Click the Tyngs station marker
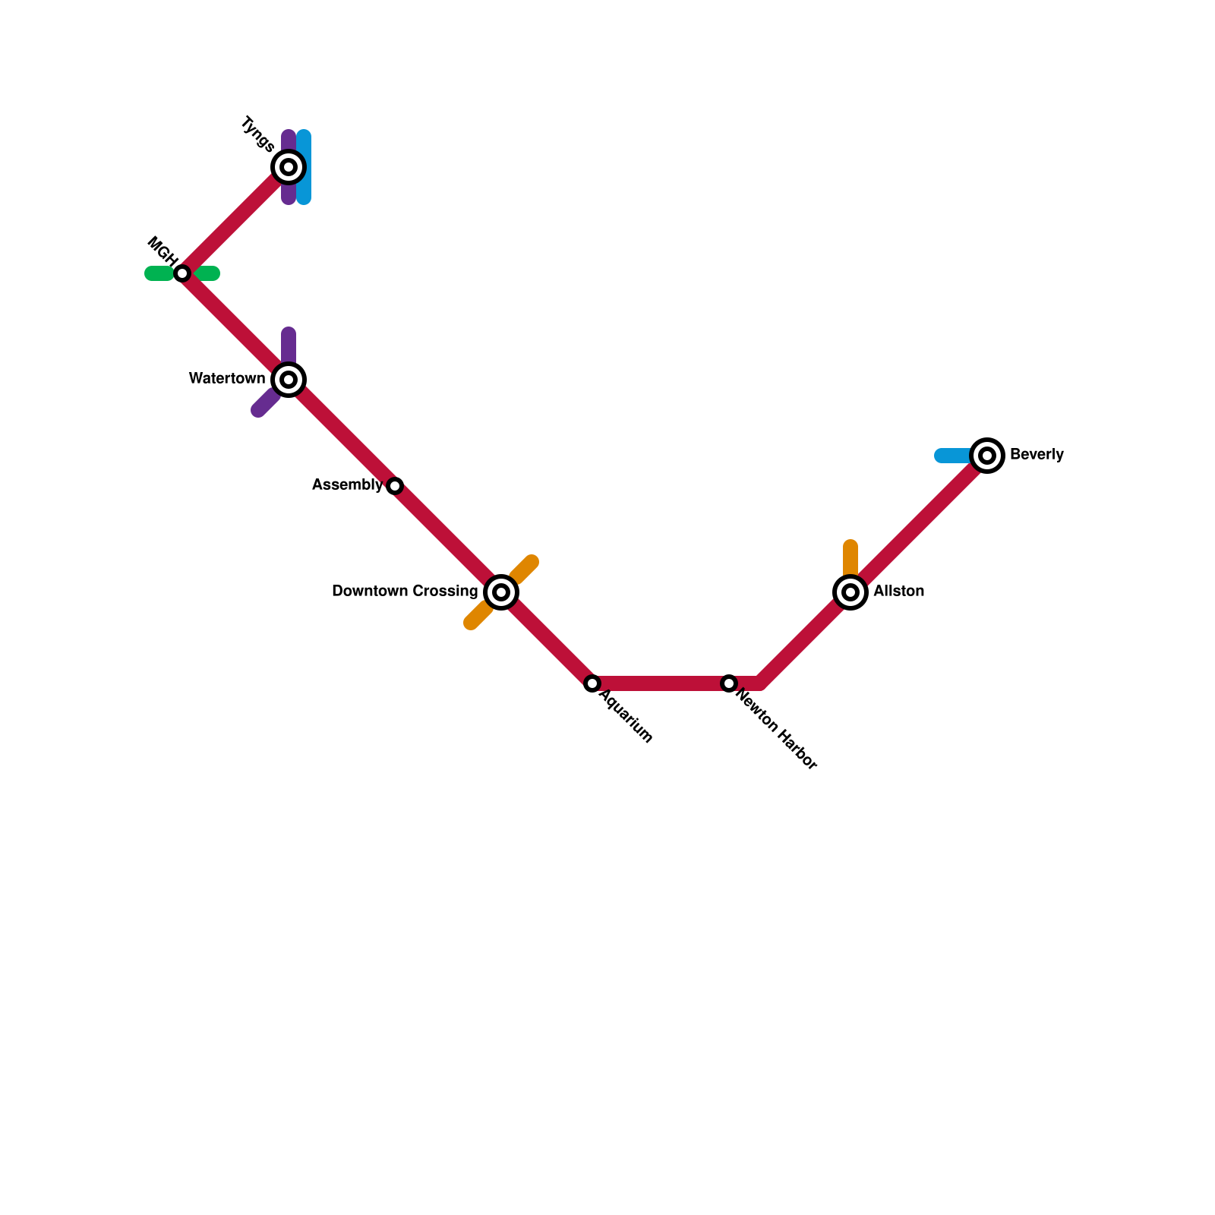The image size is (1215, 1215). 289,167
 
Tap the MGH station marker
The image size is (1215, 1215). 182,273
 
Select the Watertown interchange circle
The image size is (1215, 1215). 289,380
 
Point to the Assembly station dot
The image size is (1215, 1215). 395,486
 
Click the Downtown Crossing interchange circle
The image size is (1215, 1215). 501,592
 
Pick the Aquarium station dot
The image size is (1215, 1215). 592,683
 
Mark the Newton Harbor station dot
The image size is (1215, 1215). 729,683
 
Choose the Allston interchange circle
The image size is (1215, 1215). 850,592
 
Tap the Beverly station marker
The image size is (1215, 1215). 987,456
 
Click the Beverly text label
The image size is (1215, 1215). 1037,455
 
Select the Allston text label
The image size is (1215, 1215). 898,592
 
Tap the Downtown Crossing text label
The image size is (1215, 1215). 405,592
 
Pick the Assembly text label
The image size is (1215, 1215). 347,485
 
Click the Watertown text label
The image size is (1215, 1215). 227,379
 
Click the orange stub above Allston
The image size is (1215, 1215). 850,558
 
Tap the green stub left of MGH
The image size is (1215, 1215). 158,273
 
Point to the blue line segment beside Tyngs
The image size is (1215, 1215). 304,167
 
